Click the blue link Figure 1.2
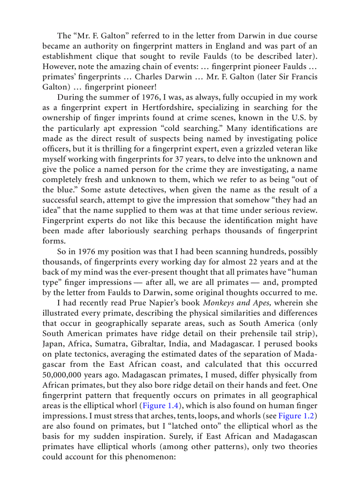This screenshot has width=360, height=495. [x=300, y=415]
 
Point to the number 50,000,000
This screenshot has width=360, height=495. [x=64, y=375]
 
